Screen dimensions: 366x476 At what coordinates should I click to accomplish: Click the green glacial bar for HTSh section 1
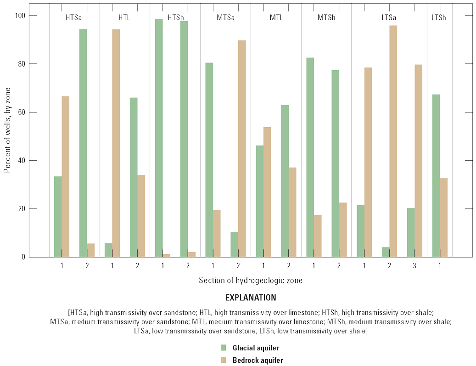pyautogui.click(x=158, y=138)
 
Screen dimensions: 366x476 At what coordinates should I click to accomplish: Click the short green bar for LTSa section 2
pyautogui.click(x=386, y=252)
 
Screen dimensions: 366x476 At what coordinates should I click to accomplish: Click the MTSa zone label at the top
pyautogui.click(x=225, y=18)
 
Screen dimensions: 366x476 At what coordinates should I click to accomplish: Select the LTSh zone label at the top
pyautogui.click(x=438, y=18)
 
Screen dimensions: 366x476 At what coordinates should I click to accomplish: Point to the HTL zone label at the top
pyautogui.click(x=124, y=18)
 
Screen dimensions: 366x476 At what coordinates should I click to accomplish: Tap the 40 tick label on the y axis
pyautogui.click(x=21, y=161)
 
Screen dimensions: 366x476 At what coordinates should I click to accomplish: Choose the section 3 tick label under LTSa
pyautogui.click(x=414, y=266)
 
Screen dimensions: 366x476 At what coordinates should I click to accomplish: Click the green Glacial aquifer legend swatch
pyautogui.click(x=224, y=348)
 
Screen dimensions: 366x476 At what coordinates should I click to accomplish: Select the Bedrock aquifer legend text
pyautogui.click(x=258, y=360)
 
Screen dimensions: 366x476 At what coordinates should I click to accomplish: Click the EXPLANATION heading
pyautogui.click(x=251, y=298)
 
